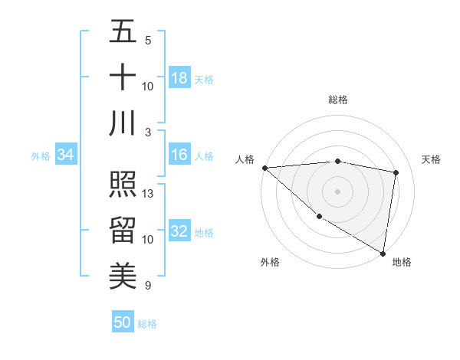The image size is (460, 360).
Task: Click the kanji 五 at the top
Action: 123,32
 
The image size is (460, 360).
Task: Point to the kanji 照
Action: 123,185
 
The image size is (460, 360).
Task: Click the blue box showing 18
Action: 179,78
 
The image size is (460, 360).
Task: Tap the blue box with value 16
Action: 179,155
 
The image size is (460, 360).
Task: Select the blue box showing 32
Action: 179,232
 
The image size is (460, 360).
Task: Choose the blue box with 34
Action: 65,155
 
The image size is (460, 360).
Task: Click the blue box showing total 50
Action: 123,322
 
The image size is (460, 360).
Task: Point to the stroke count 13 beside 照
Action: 149,194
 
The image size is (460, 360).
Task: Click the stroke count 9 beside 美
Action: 147,286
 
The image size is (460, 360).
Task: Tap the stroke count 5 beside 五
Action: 147,41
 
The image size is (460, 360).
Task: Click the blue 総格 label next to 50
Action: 147,324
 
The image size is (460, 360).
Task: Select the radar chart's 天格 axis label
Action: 431,159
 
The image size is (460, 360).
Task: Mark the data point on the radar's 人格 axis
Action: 264,167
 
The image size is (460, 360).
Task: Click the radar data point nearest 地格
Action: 383,253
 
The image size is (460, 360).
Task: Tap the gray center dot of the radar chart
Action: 337,191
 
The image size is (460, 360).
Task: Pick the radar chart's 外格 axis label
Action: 270,262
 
